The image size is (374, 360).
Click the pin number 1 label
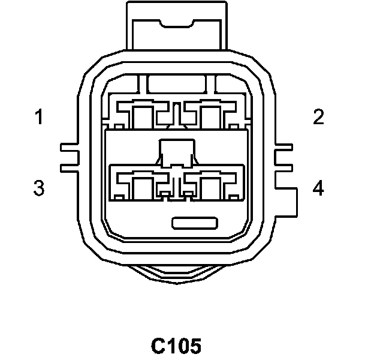click(x=39, y=117)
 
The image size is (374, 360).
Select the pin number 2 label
click(x=318, y=117)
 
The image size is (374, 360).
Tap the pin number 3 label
click(x=39, y=188)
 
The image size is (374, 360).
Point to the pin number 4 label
click(x=318, y=188)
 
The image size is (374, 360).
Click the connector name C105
click(x=176, y=346)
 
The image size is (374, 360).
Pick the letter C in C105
click(x=158, y=346)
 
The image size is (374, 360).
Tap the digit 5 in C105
click(x=195, y=346)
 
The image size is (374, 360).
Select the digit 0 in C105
click(x=183, y=346)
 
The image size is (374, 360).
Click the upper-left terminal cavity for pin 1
click(x=141, y=116)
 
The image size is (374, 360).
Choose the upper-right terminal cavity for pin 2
click(x=210, y=116)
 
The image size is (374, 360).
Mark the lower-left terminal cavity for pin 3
click(x=141, y=187)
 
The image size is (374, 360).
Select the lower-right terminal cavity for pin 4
click(x=210, y=187)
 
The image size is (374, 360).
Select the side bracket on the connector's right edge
click(x=287, y=180)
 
